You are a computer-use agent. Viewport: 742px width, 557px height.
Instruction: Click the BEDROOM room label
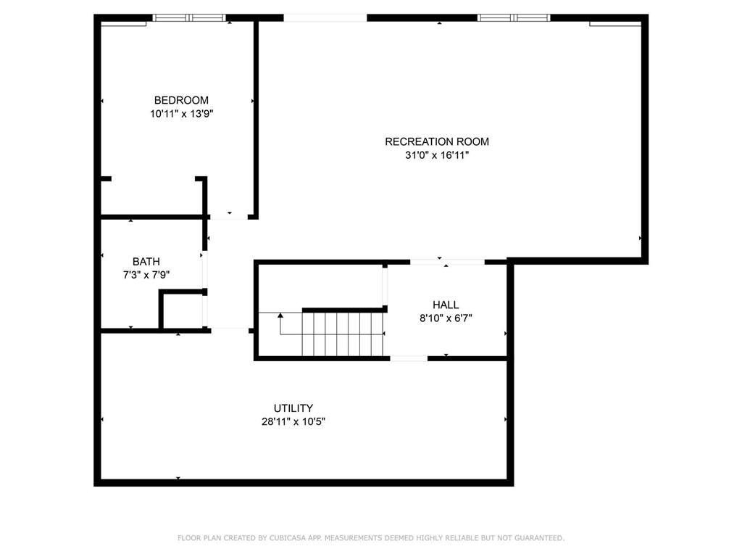pos(181,100)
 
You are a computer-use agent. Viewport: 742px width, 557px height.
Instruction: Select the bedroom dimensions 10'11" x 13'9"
pos(182,114)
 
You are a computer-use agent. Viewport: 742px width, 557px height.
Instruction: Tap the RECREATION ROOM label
pos(437,141)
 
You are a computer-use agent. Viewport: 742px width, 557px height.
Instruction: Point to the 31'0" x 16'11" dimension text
pos(437,155)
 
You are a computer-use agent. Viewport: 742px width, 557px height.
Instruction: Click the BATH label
pos(146,261)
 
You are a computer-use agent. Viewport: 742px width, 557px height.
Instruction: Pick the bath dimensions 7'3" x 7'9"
pos(146,275)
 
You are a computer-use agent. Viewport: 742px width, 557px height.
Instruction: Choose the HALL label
pos(446,305)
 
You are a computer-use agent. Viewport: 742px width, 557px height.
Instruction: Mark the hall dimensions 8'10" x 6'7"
pos(446,318)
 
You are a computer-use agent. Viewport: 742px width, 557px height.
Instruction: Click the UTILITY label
pos(293,408)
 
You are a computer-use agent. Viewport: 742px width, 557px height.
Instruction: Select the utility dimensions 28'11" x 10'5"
pos(293,421)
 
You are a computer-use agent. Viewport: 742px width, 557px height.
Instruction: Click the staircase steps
pos(343,334)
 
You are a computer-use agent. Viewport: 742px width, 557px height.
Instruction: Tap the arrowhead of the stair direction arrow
pos(280,315)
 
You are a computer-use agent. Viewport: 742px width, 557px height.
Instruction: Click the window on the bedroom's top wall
pos(189,18)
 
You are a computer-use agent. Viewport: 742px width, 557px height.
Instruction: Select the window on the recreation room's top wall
pos(514,18)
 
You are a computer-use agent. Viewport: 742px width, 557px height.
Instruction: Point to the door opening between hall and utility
pos(409,358)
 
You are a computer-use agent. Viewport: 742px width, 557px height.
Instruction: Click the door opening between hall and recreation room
pos(447,261)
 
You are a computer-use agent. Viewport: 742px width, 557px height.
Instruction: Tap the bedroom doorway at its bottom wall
pos(229,217)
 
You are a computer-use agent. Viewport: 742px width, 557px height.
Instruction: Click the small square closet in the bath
pos(182,310)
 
